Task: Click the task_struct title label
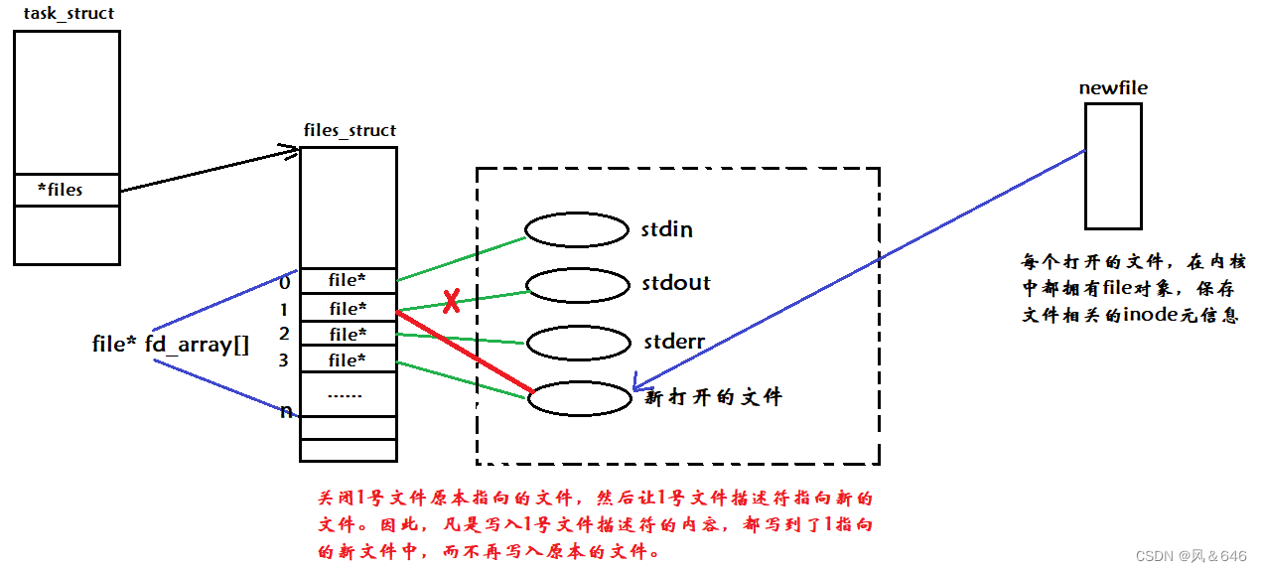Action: pyautogui.click(x=69, y=14)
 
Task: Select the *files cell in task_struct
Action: pyautogui.click(x=66, y=190)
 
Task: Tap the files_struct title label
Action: pyautogui.click(x=350, y=130)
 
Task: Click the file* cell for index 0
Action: pyautogui.click(x=348, y=281)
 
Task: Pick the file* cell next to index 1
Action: pyautogui.click(x=348, y=309)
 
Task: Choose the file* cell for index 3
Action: pyautogui.click(x=348, y=359)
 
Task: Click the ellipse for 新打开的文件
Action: pyautogui.click(x=580, y=398)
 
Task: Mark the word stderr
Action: pyautogui.click(x=673, y=343)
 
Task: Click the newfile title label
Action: pyautogui.click(x=1113, y=88)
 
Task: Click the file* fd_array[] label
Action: pyautogui.click(x=170, y=345)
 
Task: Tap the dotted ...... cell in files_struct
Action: pyautogui.click(x=347, y=393)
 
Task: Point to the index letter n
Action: pyautogui.click(x=286, y=410)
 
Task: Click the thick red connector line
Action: pyautogui.click(x=465, y=352)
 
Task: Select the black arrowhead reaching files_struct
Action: pyautogui.click(x=289, y=151)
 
